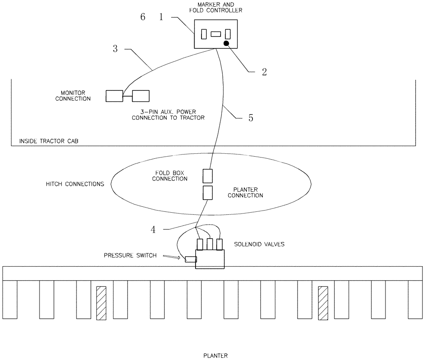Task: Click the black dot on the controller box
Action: pyautogui.click(x=227, y=43)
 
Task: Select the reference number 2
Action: pyautogui.click(x=264, y=72)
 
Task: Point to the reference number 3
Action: pyautogui.click(x=115, y=49)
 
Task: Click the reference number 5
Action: pyautogui.click(x=251, y=118)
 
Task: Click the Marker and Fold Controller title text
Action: pyautogui.click(x=216, y=8)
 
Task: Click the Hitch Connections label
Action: pyautogui.click(x=75, y=184)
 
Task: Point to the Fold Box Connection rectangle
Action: pyautogui.click(x=207, y=176)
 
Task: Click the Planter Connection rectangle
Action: pyautogui.click(x=207, y=193)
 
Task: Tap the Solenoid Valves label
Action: pyautogui.click(x=253, y=245)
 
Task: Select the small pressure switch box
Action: pyautogui.click(x=190, y=259)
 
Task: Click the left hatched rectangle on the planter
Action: pyautogui.click(x=101, y=303)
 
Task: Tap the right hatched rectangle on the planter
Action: pyautogui.click(x=323, y=303)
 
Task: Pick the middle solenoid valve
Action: pyautogui.click(x=210, y=244)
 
